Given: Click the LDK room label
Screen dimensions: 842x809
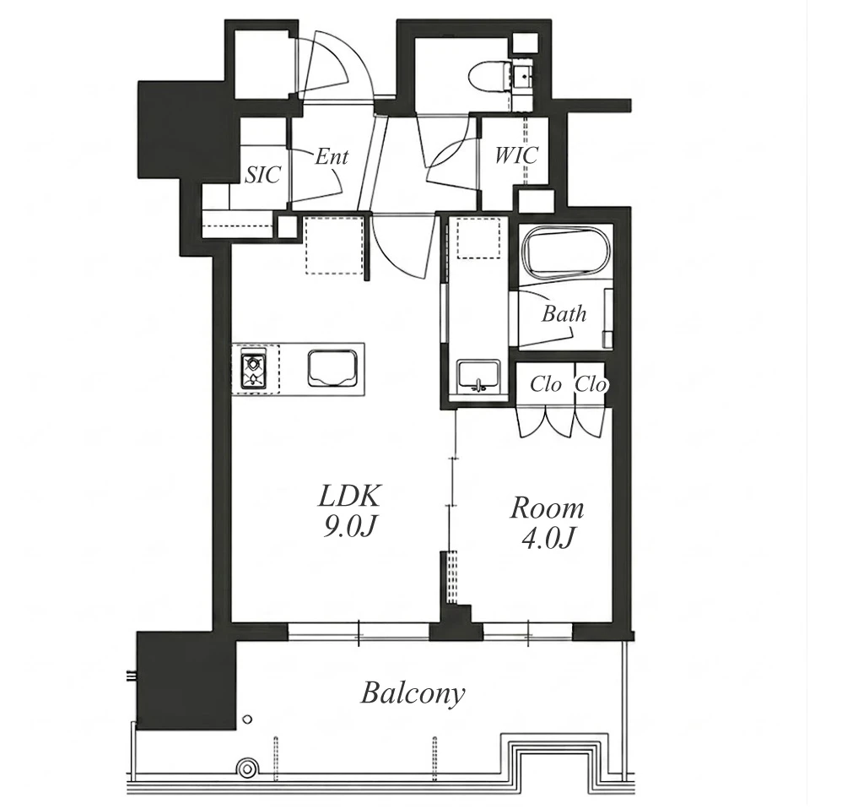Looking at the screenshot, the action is (x=349, y=497).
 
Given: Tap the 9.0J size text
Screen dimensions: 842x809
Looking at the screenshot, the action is (x=348, y=529).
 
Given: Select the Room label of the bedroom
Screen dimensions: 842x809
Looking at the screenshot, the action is (x=547, y=508).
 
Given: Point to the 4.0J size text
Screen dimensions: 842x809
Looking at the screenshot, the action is (x=548, y=539).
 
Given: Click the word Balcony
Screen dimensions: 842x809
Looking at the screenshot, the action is (x=413, y=693).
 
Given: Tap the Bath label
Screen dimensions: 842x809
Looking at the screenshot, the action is (x=564, y=313).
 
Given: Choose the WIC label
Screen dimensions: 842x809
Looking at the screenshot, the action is (x=516, y=155).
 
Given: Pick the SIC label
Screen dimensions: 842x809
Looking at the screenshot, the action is (x=262, y=175).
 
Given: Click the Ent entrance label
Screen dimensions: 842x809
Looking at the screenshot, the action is (x=332, y=156).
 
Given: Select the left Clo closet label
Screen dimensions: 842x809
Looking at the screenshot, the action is (x=546, y=384).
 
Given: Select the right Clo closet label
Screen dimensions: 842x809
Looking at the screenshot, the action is (x=591, y=384).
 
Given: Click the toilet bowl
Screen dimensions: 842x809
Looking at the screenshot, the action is (x=489, y=76).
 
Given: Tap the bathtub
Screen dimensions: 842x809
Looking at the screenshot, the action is (x=568, y=252).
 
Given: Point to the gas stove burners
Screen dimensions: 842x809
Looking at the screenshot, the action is (x=255, y=369).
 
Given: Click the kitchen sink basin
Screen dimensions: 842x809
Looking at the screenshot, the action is (x=332, y=367).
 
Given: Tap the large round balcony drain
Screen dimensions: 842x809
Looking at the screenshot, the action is (x=247, y=768).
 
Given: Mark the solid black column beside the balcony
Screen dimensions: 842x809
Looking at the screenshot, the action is (x=186, y=681).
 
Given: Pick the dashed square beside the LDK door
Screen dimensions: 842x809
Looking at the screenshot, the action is (x=335, y=245).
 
